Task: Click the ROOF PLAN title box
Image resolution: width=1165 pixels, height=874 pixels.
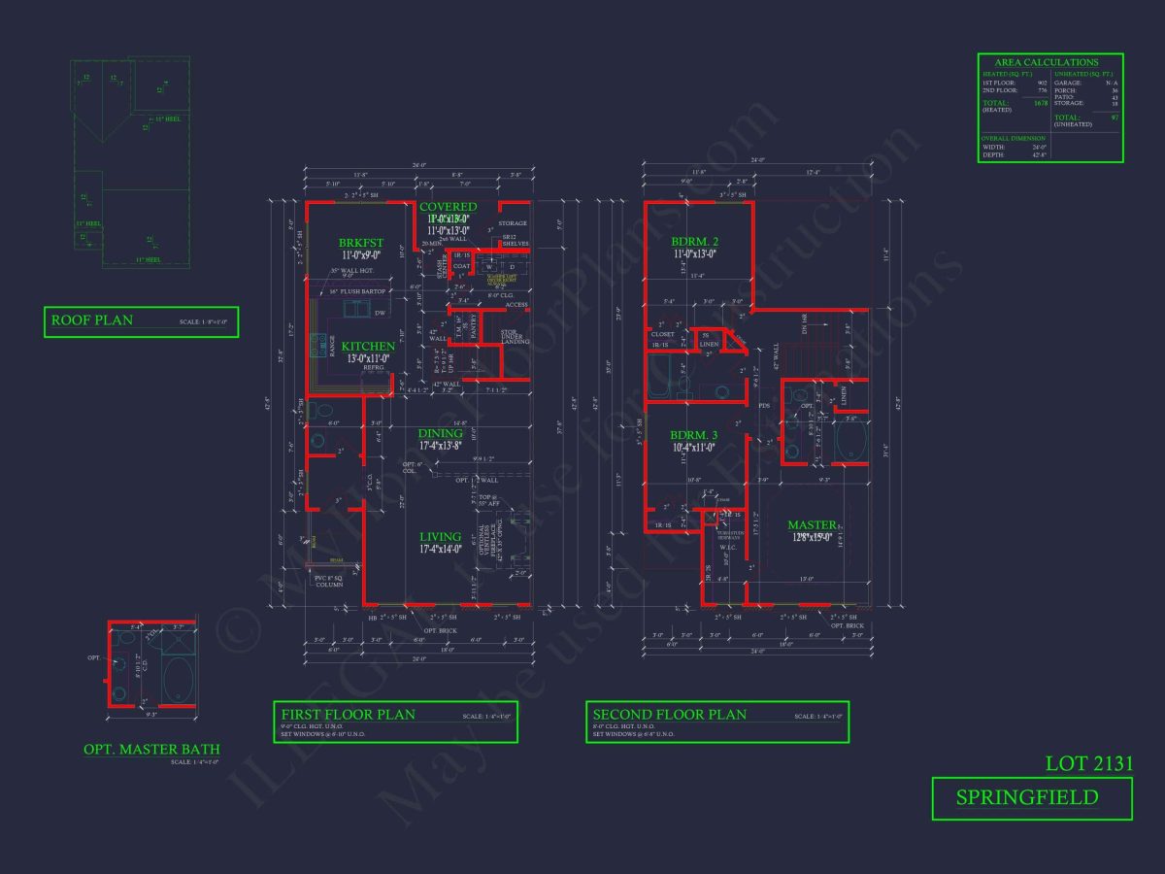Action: [x=141, y=321]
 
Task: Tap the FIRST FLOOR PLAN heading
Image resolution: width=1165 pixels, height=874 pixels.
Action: [x=348, y=715]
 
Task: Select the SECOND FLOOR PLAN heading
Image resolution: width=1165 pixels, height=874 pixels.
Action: [x=670, y=715]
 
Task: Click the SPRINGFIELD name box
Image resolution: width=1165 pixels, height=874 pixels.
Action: [x=1031, y=798]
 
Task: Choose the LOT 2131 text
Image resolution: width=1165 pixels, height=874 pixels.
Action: [x=1089, y=763]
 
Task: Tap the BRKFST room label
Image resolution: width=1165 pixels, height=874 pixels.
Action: [x=361, y=243]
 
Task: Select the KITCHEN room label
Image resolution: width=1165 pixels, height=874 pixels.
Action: [x=368, y=346]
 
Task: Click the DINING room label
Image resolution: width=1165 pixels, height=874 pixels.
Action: [x=441, y=434]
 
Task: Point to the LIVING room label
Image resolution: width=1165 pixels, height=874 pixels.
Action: [x=440, y=537]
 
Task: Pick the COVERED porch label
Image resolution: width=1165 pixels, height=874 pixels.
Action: [x=448, y=207]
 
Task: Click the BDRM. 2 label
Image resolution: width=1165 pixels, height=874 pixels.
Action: [x=694, y=242]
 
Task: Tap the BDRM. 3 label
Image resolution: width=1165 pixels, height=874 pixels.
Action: [x=694, y=434]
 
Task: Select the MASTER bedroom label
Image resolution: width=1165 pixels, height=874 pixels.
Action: [x=812, y=525]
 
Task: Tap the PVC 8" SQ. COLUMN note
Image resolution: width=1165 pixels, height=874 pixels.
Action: [x=330, y=582]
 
